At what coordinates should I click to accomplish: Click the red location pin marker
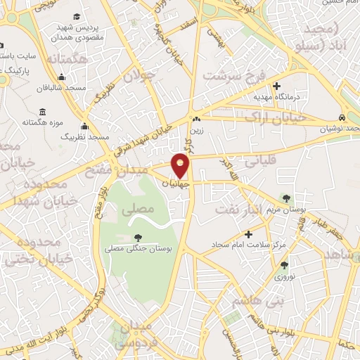coord(181,165)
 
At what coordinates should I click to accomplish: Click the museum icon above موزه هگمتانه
coord(44,112)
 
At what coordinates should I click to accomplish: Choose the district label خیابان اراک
coord(277,117)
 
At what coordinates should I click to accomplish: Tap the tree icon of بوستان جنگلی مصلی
coord(136,238)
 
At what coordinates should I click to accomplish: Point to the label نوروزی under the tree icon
coord(284,277)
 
